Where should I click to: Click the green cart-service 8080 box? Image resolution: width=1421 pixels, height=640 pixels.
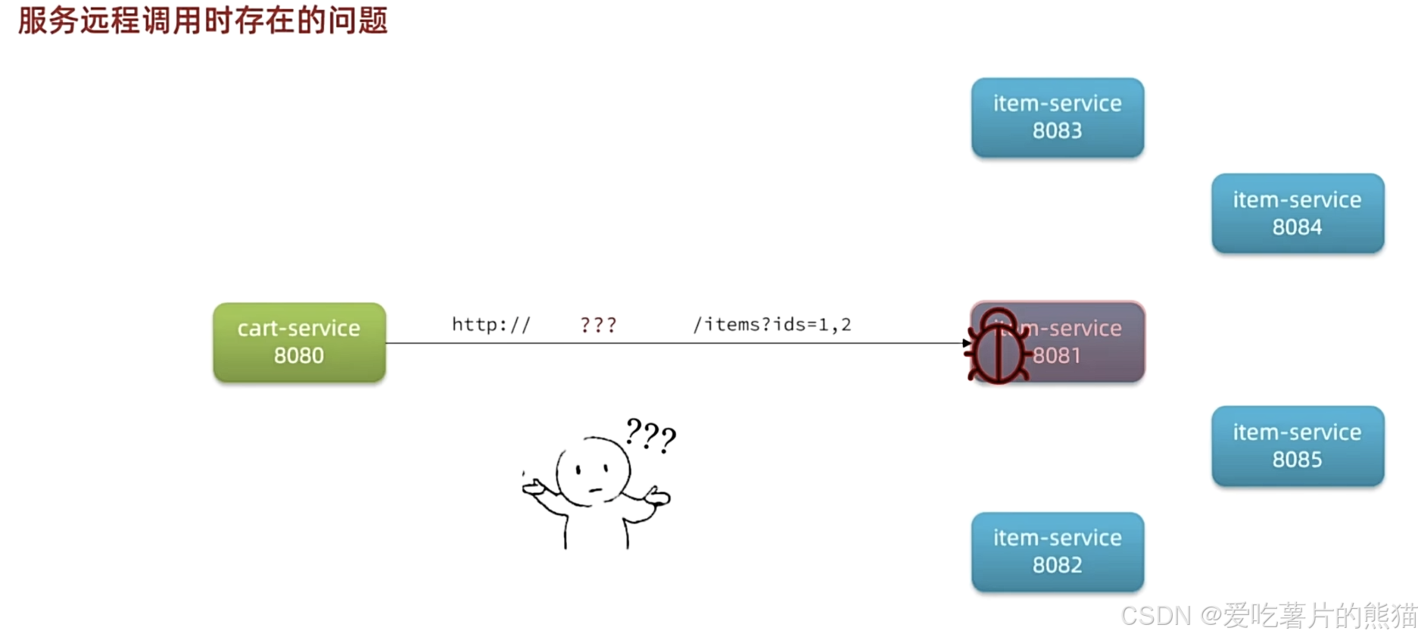(x=299, y=342)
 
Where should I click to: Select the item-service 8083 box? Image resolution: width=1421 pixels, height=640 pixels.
(x=1057, y=117)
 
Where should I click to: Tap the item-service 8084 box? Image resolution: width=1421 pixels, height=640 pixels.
(x=1297, y=214)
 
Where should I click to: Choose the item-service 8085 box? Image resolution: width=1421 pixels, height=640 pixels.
(x=1297, y=446)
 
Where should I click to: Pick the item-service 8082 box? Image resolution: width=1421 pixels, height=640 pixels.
(x=1057, y=551)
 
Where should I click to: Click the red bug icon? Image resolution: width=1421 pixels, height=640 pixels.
(x=998, y=347)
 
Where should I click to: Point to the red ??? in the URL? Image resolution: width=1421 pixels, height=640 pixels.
(x=598, y=325)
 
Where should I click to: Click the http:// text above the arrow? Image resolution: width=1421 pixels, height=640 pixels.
(x=491, y=325)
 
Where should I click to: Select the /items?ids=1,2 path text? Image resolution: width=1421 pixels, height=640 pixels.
(x=771, y=325)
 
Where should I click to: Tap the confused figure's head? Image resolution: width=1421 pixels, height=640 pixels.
(x=593, y=471)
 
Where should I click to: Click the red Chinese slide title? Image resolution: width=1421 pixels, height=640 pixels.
(x=203, y=20)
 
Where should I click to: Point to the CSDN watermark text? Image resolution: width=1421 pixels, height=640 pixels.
(x=1268, y=616)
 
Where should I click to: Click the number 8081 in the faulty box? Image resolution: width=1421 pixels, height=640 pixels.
(x=1057, y=355)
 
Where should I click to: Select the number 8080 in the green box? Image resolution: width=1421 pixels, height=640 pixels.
(x=299, y=355)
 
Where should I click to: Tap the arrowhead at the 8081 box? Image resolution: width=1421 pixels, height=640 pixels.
(x=966, y=343)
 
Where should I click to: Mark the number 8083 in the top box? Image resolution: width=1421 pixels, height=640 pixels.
(x=1057, y=130)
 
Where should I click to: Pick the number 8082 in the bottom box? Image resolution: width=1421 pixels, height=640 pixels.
(x=1057, y=565)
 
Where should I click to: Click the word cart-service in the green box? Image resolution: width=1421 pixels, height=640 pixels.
(x=299, y=328)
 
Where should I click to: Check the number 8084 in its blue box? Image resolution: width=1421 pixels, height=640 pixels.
(x=1297, y=227)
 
